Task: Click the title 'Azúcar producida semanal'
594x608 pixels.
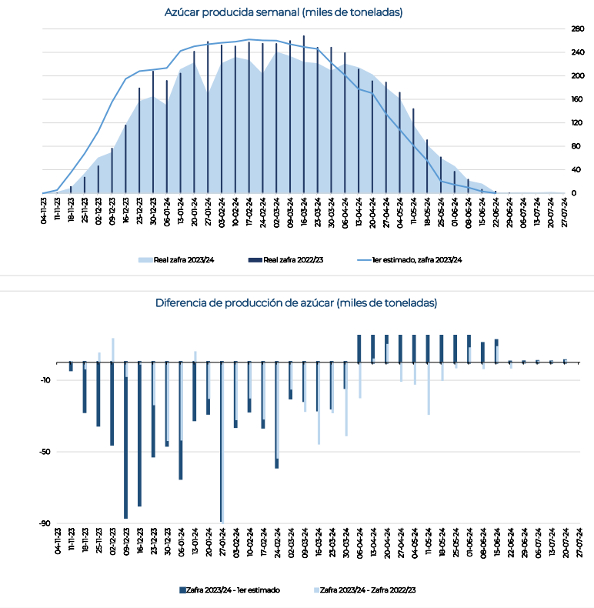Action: tap(232, 12)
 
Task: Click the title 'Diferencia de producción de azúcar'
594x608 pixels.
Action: tap(245, 302)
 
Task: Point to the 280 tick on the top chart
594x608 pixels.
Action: tap(578, 28)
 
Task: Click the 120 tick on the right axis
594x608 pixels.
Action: tap(577, 123)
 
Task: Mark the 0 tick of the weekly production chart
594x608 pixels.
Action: tap(574, 193)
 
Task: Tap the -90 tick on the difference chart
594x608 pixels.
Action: tap(45, 523)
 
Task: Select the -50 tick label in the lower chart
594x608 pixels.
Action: tap(45, 452)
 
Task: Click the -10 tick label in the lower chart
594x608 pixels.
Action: tap(45, 380)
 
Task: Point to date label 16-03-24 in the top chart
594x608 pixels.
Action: tap(304, 212)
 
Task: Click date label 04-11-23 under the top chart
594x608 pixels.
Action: tap(43, 211)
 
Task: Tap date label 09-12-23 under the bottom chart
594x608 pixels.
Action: tap(126, 542)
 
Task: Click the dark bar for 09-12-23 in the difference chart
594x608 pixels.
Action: tap(125, 440)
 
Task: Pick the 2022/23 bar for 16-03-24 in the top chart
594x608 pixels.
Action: tap(304, 115)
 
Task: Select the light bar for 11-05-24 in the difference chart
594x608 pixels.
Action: tap(429, 389)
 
